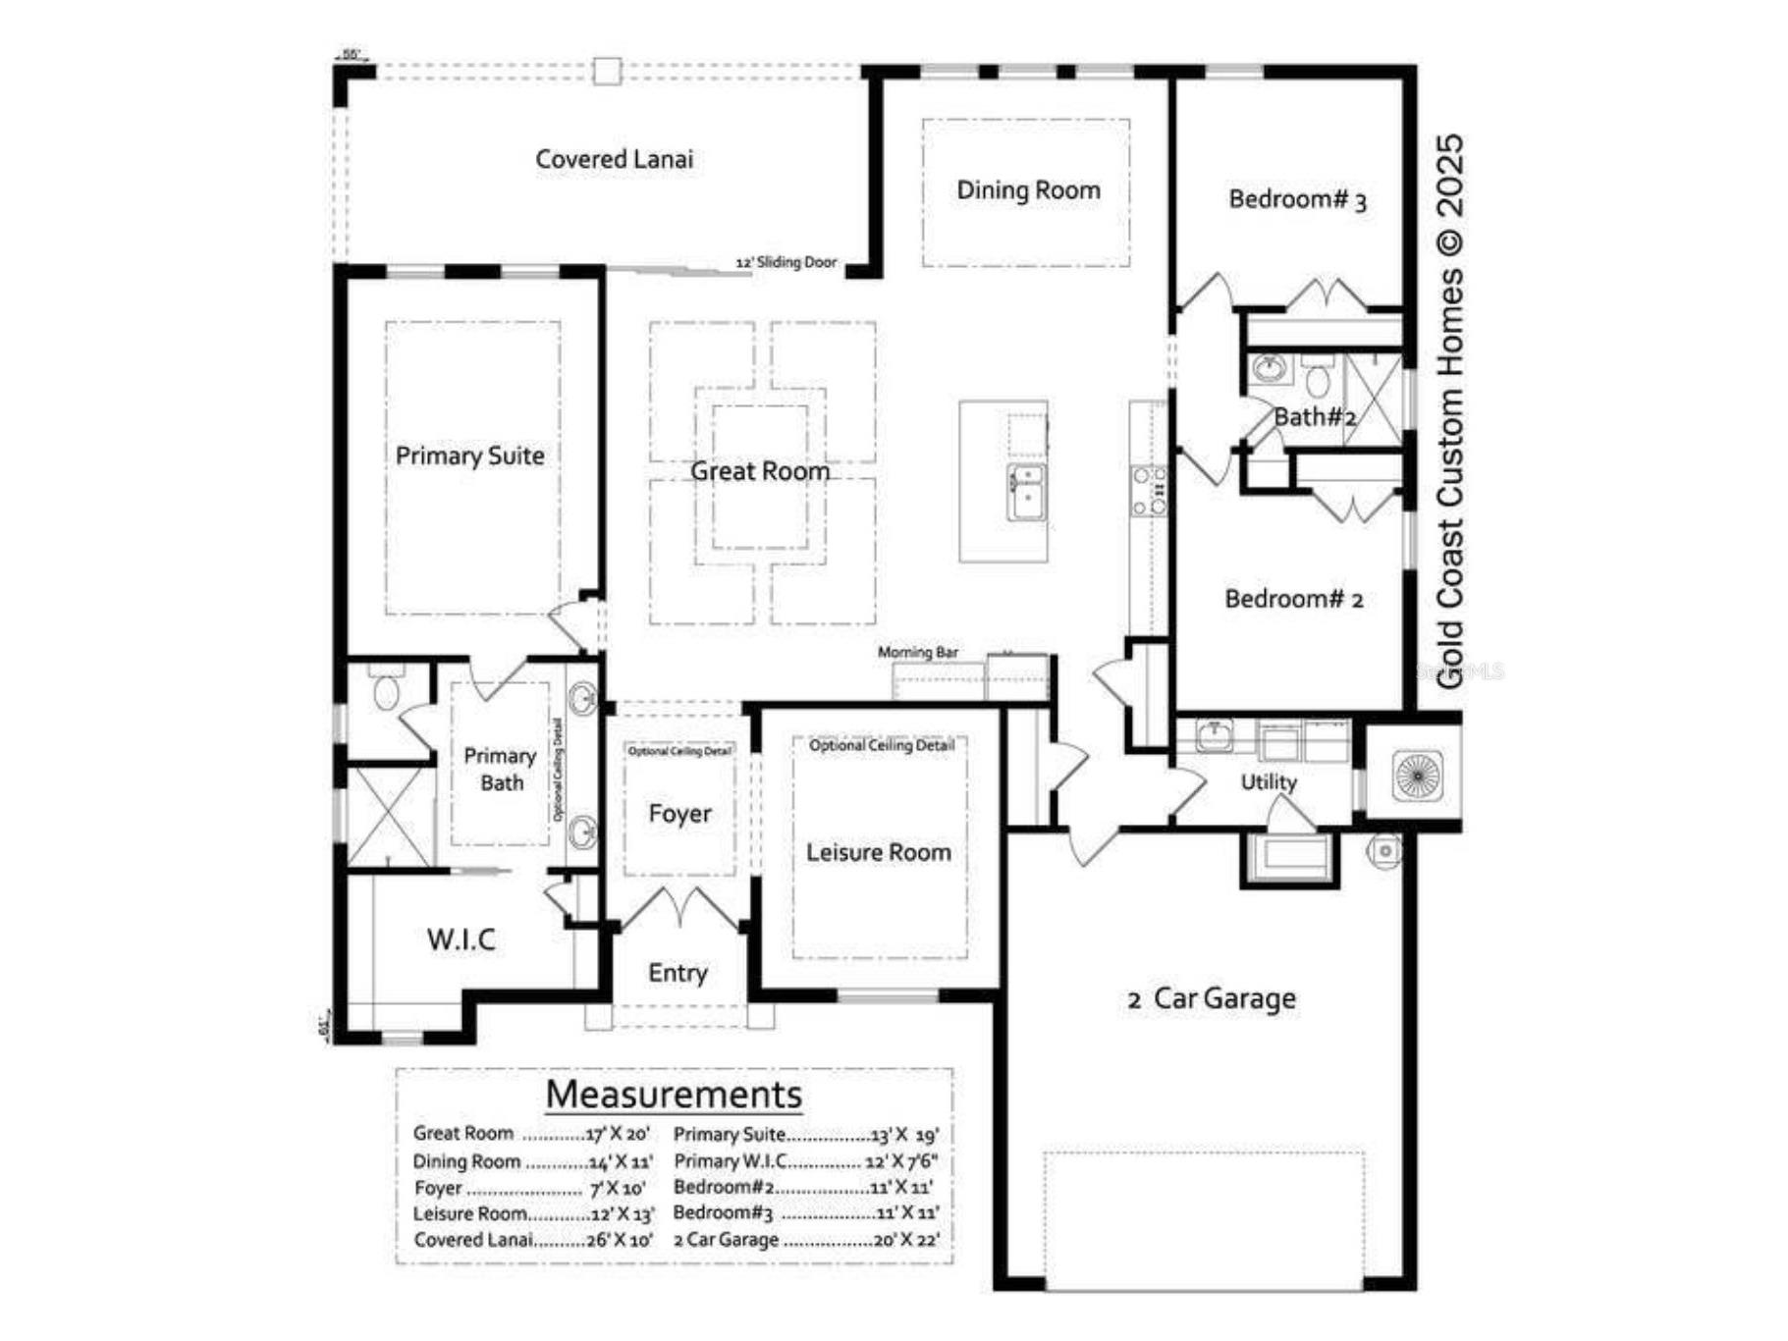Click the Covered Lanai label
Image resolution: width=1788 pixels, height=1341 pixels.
pos(614,159)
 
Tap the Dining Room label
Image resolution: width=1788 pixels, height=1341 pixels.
pos(1028,190)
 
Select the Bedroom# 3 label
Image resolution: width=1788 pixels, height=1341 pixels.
pos(1296,200)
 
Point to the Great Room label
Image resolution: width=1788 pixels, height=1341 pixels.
pos(759,471)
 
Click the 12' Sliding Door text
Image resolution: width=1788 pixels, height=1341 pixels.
pos(786,262)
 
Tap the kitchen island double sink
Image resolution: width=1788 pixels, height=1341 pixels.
pos(1025,493)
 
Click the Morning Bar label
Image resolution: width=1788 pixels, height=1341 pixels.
pos(917,652)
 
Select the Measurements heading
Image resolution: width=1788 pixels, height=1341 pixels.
pos(674,1094)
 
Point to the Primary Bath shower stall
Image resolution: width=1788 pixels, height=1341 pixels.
pos(390,817)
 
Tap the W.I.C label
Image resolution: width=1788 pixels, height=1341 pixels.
pos(461,939)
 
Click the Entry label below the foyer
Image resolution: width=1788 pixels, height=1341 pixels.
pos(677,973)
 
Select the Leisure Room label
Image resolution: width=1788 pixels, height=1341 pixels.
pos(878,852)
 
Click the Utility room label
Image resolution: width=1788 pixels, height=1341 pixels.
pos(1268,782)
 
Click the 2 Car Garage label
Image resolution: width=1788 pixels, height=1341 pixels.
pos(1212,998)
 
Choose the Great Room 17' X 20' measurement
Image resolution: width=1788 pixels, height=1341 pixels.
pos(618,1134)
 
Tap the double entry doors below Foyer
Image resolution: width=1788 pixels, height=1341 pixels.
pos(678,909)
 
